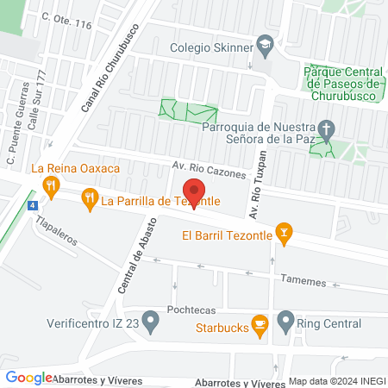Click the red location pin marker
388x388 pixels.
[194, 193]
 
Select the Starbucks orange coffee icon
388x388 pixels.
[259, 324]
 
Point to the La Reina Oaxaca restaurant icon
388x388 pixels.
[52, 184]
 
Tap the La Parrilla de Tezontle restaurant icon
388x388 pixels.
[89, 201]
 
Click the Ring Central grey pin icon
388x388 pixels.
[285, 324]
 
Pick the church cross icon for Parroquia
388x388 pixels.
[325, 130]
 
